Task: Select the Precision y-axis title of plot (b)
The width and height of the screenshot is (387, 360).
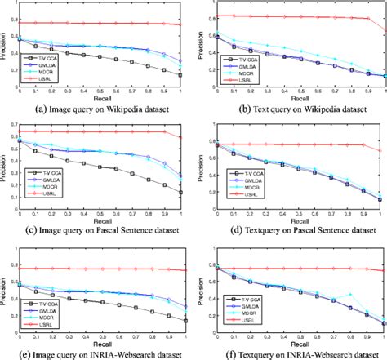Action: (x=198, y=44)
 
